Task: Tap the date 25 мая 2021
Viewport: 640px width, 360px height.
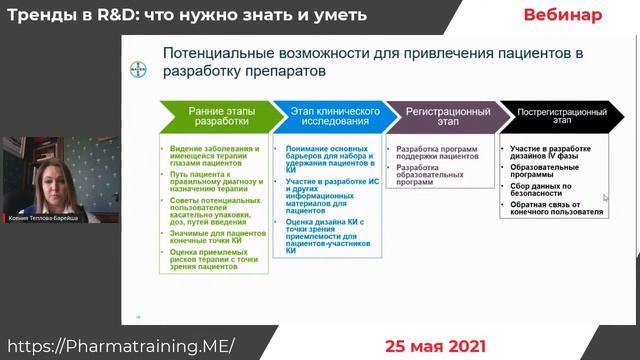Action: point(437,346)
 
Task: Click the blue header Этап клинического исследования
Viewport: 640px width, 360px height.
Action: point(325,115)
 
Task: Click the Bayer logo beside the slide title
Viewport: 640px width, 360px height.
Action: point(137,70)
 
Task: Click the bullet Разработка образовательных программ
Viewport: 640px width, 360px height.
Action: point(430,174)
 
